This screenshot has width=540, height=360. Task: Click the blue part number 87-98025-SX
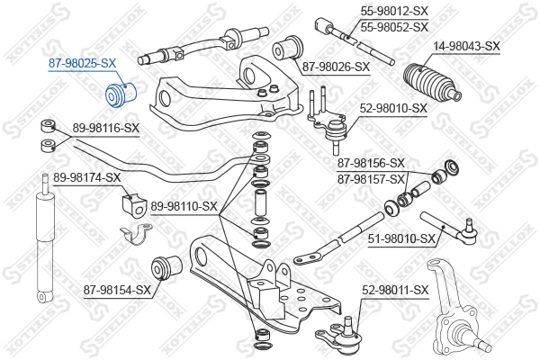point(82,63)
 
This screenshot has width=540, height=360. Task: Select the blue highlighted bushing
point(121,94)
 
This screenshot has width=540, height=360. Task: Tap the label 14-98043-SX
point(466,46)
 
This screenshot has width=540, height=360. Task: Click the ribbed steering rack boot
point(433,83)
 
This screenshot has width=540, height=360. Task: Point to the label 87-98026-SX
point(336,67)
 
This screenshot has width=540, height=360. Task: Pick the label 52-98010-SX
point(393,109)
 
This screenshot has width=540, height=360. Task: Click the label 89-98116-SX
point(105,129)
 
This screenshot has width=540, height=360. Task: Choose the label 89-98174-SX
point(87,178)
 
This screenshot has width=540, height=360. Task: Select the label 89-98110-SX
point(184,207)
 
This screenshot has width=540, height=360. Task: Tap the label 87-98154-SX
point(117,290)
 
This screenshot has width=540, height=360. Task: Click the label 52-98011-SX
point(395,290)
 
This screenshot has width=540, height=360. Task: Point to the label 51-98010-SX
point(401,238)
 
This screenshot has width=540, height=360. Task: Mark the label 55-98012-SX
point(394,12)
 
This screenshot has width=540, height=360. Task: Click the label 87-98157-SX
point(371,179)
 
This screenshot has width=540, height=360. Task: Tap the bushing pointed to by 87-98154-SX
point(166,266)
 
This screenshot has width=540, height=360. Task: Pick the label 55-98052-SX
point(394,27)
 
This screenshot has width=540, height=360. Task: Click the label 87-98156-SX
point(371,163)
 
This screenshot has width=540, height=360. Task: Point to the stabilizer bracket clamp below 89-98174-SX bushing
point(137,234)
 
